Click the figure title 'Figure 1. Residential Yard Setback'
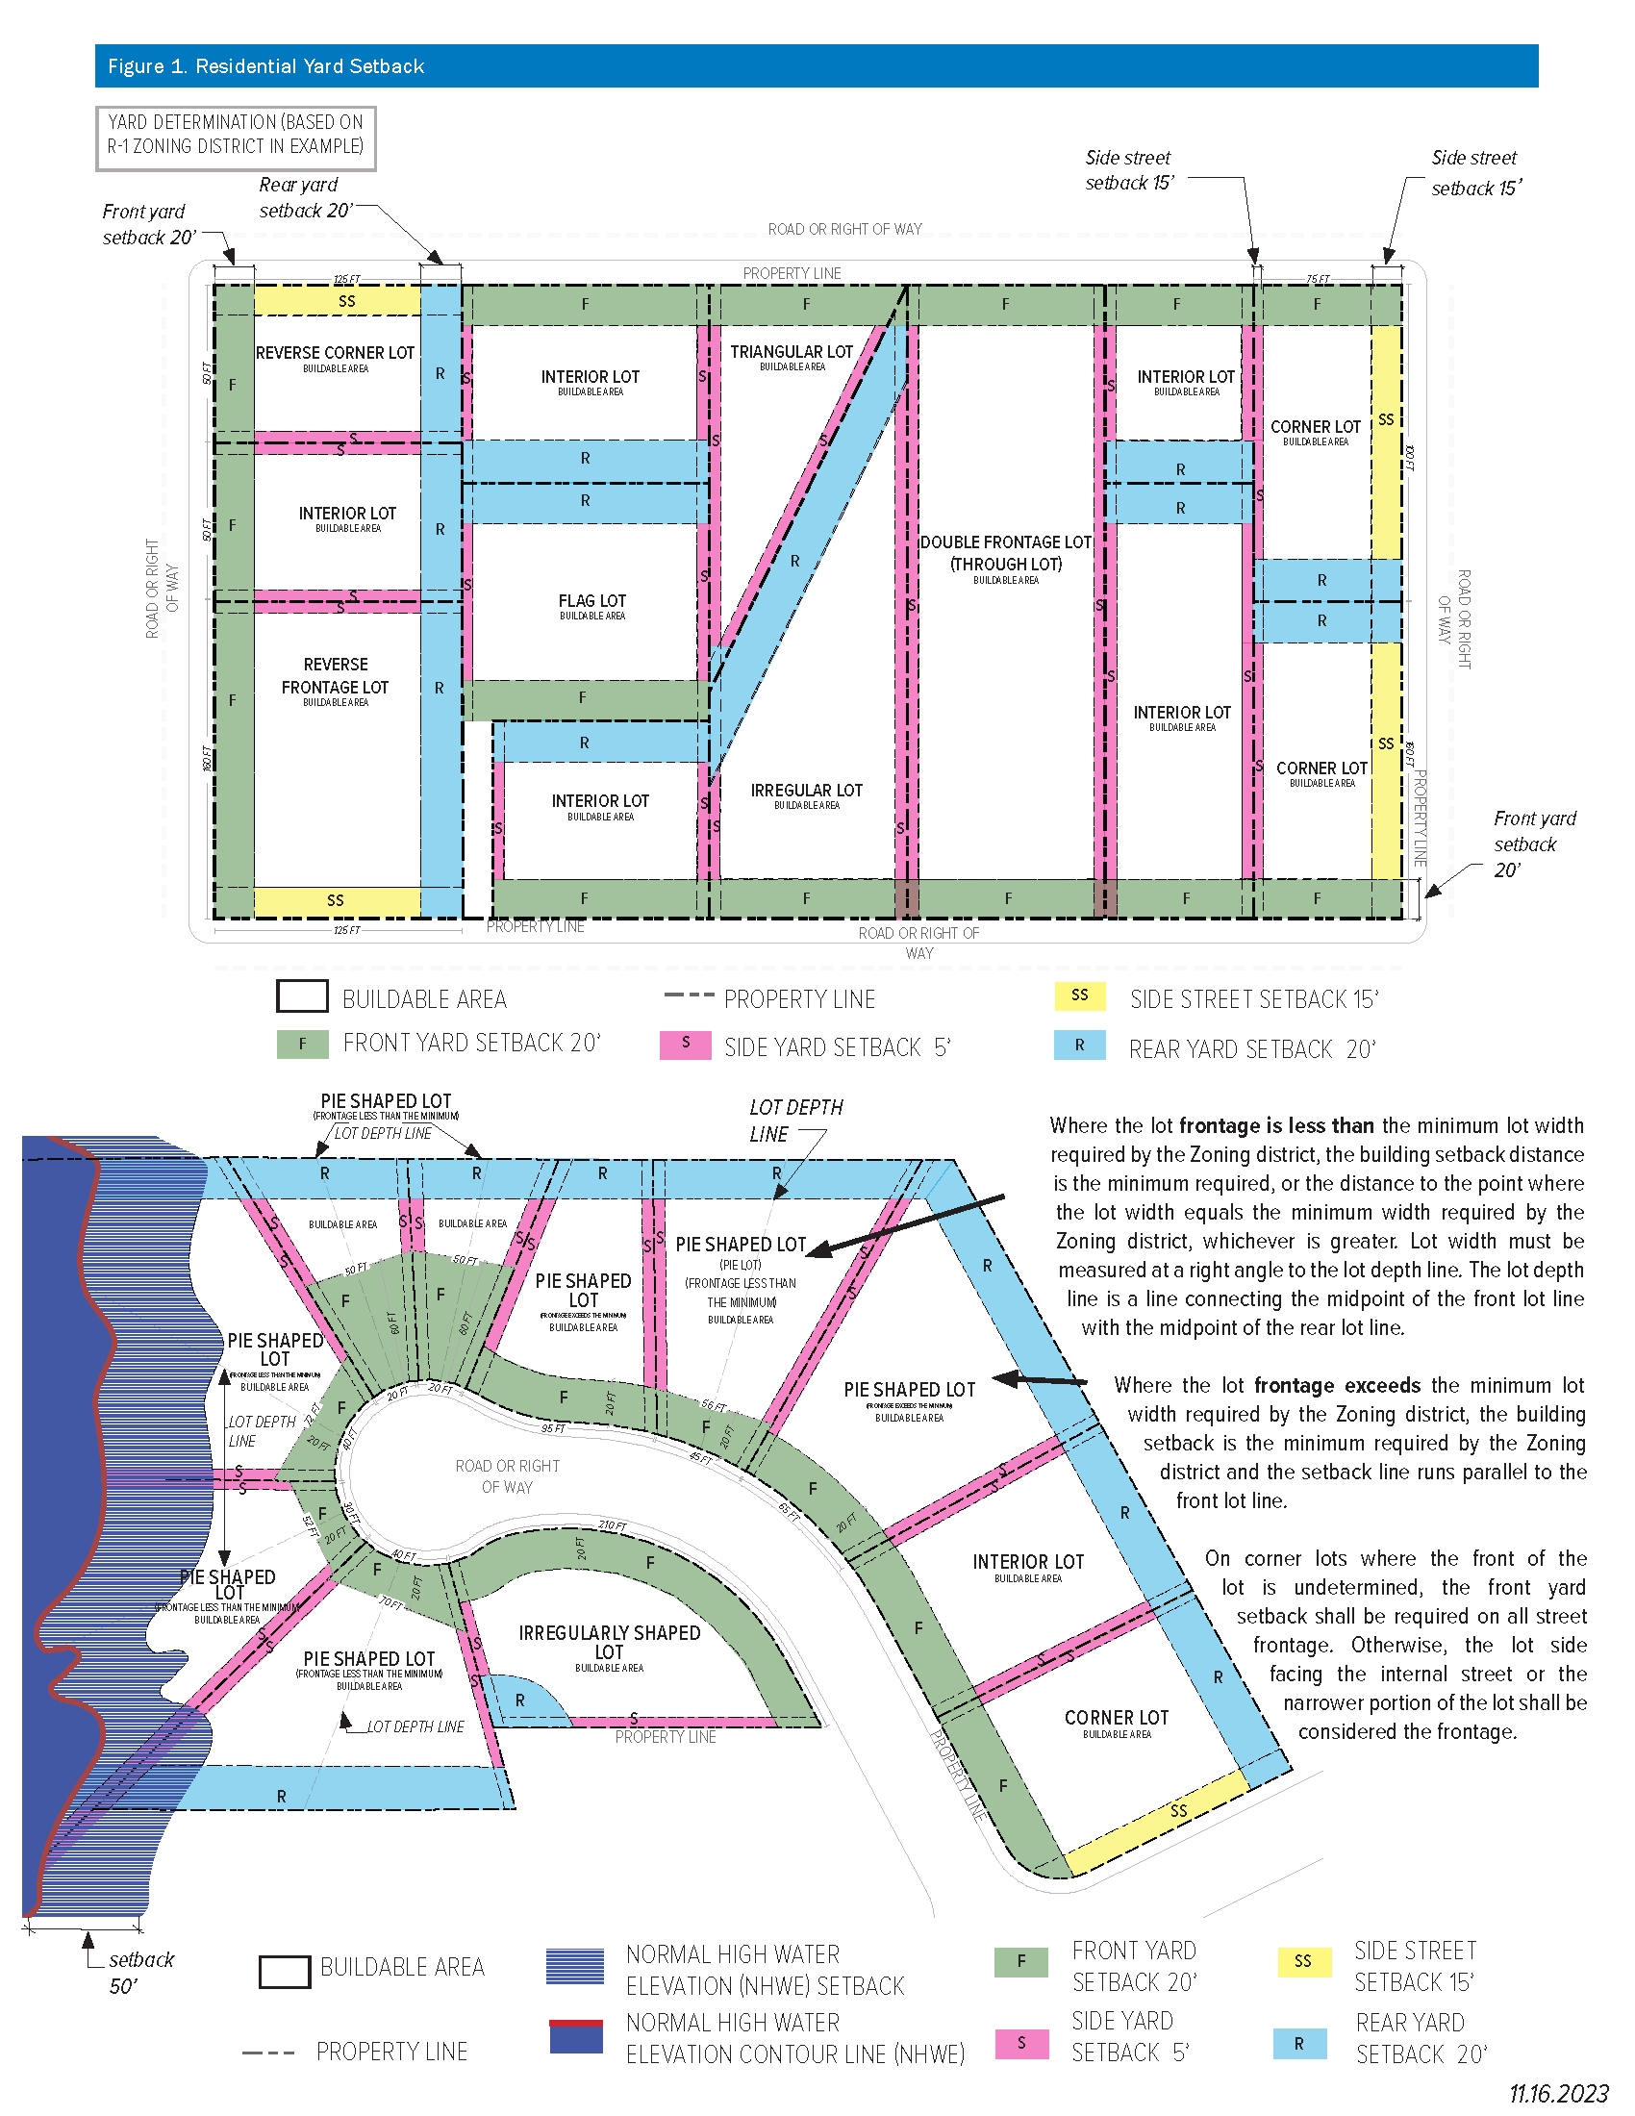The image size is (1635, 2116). coord(265,65)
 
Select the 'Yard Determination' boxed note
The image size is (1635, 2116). coord(236,135)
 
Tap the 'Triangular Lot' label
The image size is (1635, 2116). coord(792,353)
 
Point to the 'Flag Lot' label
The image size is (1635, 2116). coord(591,602)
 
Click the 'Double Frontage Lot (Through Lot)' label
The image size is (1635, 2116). coord(1005,553)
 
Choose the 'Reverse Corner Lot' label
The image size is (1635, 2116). coord(335,354)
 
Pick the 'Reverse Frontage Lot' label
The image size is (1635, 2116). coord(335,676)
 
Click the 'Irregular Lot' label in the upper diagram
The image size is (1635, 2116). coord(806,791)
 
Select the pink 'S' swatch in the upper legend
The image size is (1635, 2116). coord(685,1044)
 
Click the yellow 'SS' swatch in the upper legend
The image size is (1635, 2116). coord(1080,995)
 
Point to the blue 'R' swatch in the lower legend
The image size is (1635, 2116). coord(1299,2043)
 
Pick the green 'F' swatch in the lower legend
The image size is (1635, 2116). coord(1020,1962)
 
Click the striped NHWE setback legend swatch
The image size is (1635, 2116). coord(575,1966)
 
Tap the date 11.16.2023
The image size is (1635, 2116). coord(1558,2094)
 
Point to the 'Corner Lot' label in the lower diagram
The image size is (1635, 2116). coord(1116,1718)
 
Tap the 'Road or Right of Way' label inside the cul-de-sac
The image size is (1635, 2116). coord(508,1476)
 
